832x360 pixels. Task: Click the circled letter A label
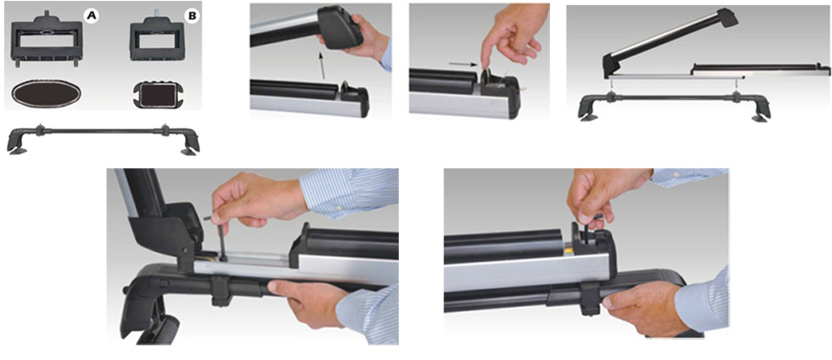(x=91, y=17)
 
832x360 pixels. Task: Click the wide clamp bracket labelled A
(x=47, y=40)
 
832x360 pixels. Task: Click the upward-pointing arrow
(x=323, y=65)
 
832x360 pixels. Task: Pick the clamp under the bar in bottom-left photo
(x=221, y=290)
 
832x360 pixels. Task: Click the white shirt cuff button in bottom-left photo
(x=336, y=215)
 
